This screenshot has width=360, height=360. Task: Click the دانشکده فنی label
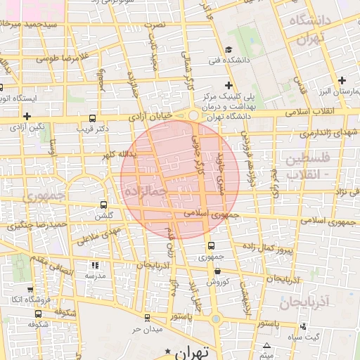[229, 60]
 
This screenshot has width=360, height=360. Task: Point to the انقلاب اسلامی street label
[313, 112]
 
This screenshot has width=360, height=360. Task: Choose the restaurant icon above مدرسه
[94, 265]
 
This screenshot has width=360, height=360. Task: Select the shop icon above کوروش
[217, 271]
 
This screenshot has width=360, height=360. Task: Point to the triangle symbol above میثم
[266, 345]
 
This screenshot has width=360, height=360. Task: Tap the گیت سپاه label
[327, 337]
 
